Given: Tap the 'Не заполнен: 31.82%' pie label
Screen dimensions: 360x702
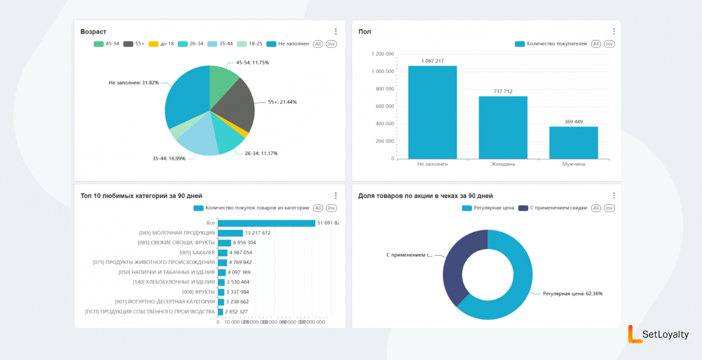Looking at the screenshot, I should [x=134, y=82].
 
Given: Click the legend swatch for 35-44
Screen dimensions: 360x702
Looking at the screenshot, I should [x=212, y=44].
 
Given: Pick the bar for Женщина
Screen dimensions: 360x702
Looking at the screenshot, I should [x=503, y=127].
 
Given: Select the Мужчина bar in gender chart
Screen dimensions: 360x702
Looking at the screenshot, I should [x=573, y=143].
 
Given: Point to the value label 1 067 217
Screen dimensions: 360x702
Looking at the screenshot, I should [x=433, y=61].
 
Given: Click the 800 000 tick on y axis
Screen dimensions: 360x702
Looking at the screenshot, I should [x=385, y=89].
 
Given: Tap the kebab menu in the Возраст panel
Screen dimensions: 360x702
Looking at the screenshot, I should [x=336, y=32].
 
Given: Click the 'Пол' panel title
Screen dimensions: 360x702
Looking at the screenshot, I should [x=365, y=32].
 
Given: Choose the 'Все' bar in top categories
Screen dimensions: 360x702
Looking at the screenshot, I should [x=266, y=223].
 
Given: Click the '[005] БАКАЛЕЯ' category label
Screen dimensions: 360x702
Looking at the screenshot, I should [x=197, y=253].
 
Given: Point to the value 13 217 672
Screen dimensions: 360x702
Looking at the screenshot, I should [x=258, y=233].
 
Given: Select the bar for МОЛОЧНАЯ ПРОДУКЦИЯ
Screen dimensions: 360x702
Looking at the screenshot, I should [x=230, y=233].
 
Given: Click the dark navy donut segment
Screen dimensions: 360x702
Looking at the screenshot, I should [x=456, y=263].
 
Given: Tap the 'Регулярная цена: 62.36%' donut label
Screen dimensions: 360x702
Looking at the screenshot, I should [x=573, y=294].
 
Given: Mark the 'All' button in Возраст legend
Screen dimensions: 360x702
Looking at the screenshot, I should [x=318, y=44].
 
